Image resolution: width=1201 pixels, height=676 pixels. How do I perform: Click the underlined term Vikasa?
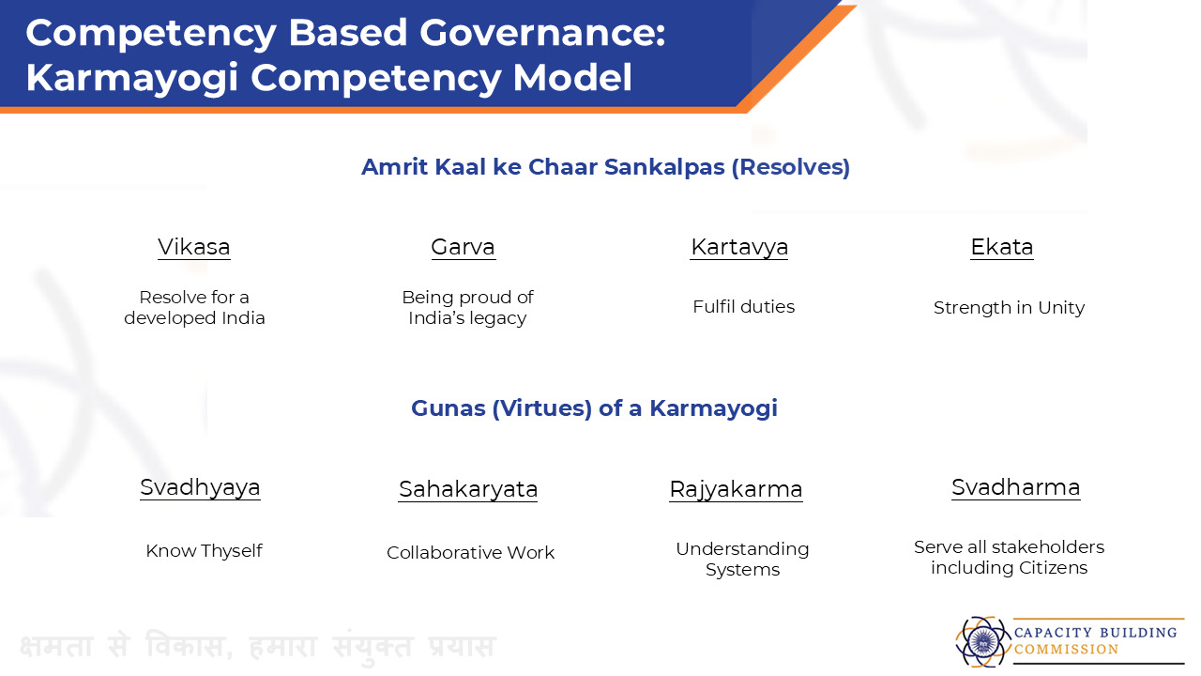click(x=194, y=247)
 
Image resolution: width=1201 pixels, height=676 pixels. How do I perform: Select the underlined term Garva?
click(x=464, y=247)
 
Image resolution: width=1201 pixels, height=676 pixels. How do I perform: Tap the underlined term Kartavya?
click(x=738, y=248)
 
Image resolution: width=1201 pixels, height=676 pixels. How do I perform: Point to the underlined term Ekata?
click(x=1002, y=247)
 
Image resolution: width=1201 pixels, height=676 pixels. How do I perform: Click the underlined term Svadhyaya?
click(x=201, y=487)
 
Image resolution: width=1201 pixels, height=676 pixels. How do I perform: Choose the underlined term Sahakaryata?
click(x=468, y=490)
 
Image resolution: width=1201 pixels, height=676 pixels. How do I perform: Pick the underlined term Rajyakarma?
click(x=737, y=490)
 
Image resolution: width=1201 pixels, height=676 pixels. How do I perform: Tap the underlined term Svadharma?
click(x=1016, y=487)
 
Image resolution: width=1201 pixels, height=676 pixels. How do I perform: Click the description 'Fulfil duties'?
click(x=744, y=307)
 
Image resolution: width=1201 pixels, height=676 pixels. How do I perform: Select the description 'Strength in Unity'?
click(x=1009, y=308)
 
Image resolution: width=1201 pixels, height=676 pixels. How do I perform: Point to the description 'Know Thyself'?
click(x=205, y=551)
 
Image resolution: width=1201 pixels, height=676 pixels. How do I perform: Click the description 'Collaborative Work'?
click(x=471, y=553)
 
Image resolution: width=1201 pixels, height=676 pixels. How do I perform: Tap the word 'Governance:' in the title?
click(x=542, y=33)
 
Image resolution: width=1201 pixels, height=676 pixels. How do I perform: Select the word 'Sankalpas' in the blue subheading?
click(x=664, y=167)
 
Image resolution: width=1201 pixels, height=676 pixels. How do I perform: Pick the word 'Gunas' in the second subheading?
click(x=448, y=408)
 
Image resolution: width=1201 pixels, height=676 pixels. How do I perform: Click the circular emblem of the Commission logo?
click(x=982, y=641)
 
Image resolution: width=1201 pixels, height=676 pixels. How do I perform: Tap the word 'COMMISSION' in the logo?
click(x=1066, y=649)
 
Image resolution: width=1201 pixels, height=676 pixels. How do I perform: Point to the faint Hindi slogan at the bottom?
click(x=257, y=645)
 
